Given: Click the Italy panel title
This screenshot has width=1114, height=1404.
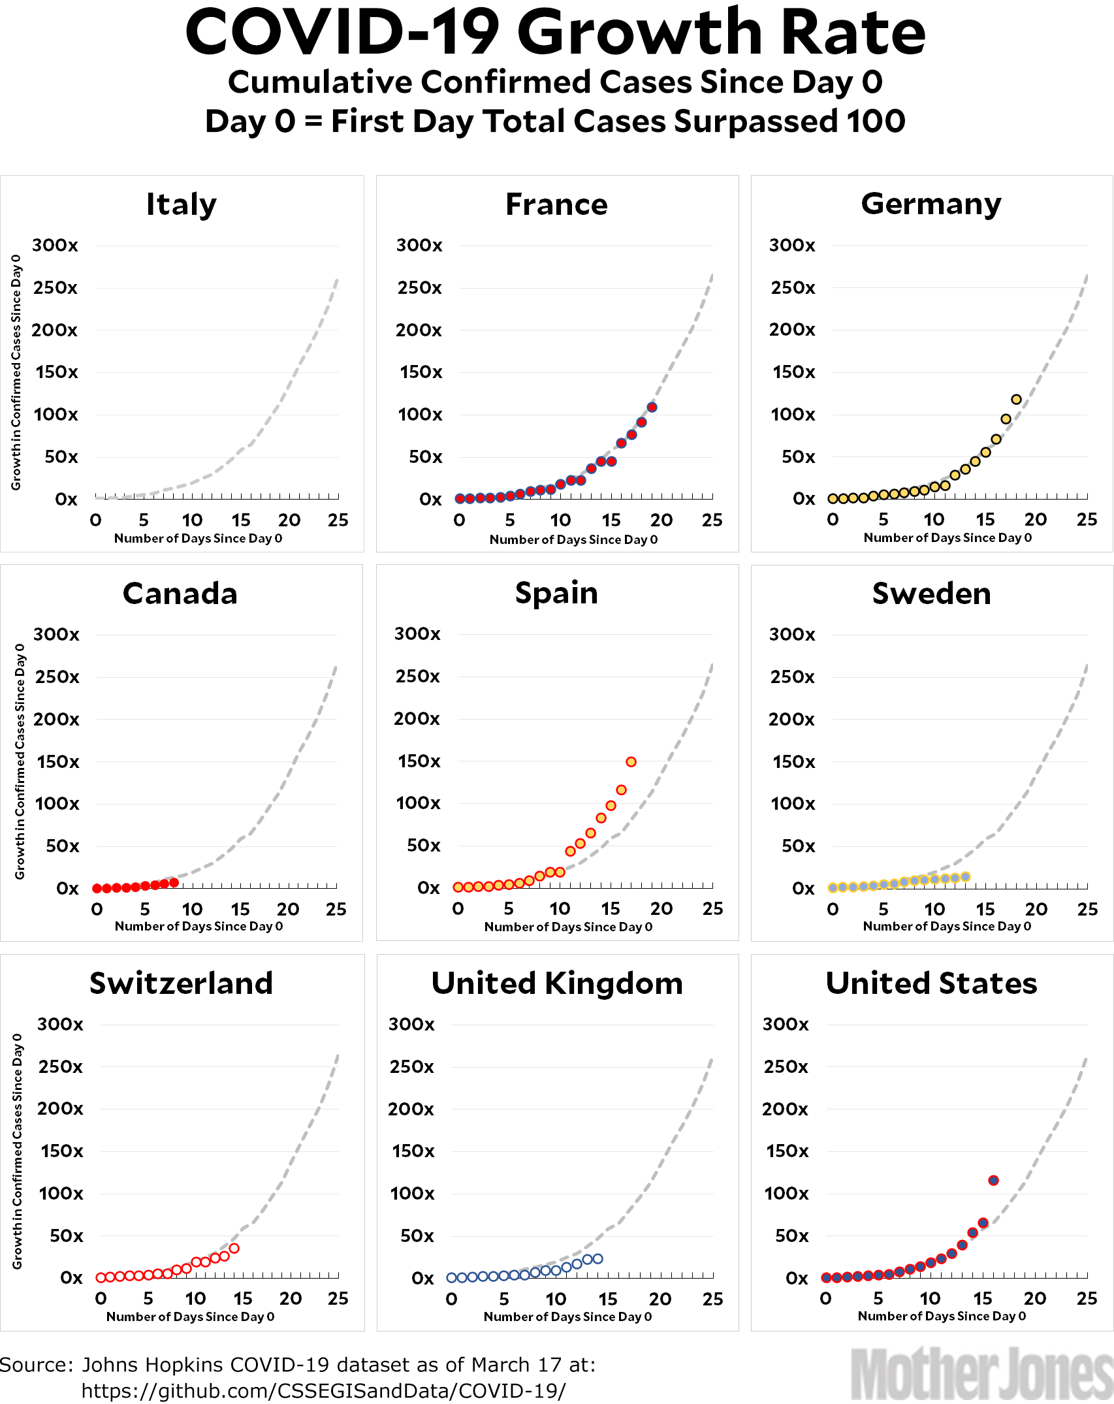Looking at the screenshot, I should [181, 204].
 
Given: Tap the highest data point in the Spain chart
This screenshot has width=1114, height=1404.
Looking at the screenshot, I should [631, 761].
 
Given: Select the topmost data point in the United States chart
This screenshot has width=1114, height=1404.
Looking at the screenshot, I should [993, 1180].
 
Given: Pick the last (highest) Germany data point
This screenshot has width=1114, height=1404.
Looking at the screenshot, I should [1016, 399].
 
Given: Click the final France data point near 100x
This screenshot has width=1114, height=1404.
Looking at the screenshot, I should [652, 407].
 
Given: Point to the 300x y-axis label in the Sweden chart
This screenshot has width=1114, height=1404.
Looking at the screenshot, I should [792, 634].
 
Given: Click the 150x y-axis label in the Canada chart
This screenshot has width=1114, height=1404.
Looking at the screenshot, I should [57, 761].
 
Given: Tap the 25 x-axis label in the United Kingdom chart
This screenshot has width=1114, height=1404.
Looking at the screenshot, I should [712, 1299].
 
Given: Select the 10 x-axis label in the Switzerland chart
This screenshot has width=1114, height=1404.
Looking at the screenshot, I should [195, 1298].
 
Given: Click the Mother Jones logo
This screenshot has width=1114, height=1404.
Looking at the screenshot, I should [981, 1373].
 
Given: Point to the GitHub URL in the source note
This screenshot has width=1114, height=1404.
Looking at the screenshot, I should [323, 1391].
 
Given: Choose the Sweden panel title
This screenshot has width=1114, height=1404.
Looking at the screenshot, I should [931, 594].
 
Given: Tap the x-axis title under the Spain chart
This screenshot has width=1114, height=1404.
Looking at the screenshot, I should [568, 927].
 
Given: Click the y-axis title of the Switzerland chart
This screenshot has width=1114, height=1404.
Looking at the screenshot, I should [17, 1151].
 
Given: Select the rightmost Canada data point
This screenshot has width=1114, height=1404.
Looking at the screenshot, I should [174, 882].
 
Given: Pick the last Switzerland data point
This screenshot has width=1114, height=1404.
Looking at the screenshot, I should [234, 1248].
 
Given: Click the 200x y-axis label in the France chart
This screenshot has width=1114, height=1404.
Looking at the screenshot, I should [419, 330].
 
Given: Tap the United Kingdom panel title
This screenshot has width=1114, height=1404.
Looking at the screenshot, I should [557, 983].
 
